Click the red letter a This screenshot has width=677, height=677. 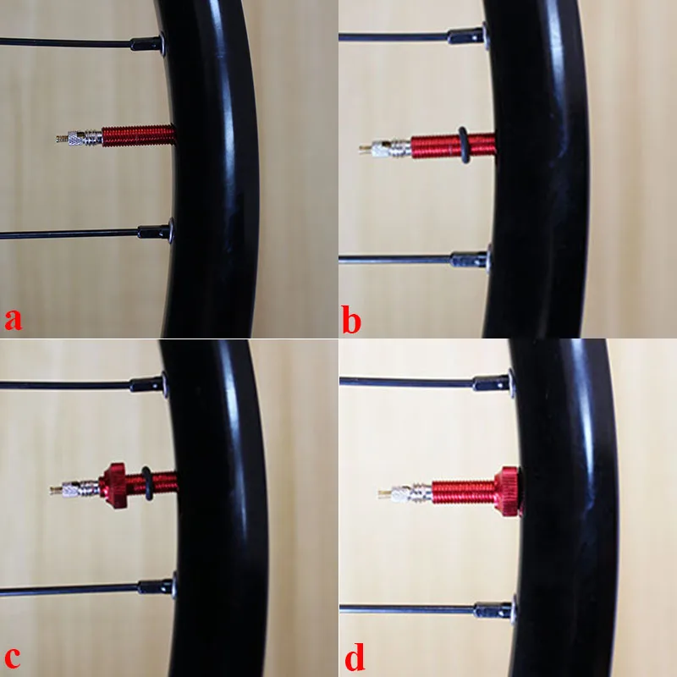(x=13, y=319)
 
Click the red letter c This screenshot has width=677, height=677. (x=12, y=657)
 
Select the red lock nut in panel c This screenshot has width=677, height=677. (x=114, y=486)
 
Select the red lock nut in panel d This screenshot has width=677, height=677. (x=508, y=492)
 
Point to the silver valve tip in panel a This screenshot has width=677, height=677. (x=62, y=139)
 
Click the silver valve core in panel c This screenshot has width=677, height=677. (x=74, y=489)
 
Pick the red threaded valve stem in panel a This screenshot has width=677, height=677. (x=139, y=135)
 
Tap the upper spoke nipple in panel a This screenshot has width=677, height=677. (x=147, y=43)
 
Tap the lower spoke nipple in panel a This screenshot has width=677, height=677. (x=155, y=232)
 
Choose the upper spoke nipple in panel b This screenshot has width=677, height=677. (x=467, y=36)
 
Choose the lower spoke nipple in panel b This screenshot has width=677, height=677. (x=470, y=260)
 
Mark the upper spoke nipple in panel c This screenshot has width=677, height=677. (x=147, y=384)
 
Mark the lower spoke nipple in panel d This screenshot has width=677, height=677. (x=494, y=610)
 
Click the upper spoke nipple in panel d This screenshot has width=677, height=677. (x=493, y=383)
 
